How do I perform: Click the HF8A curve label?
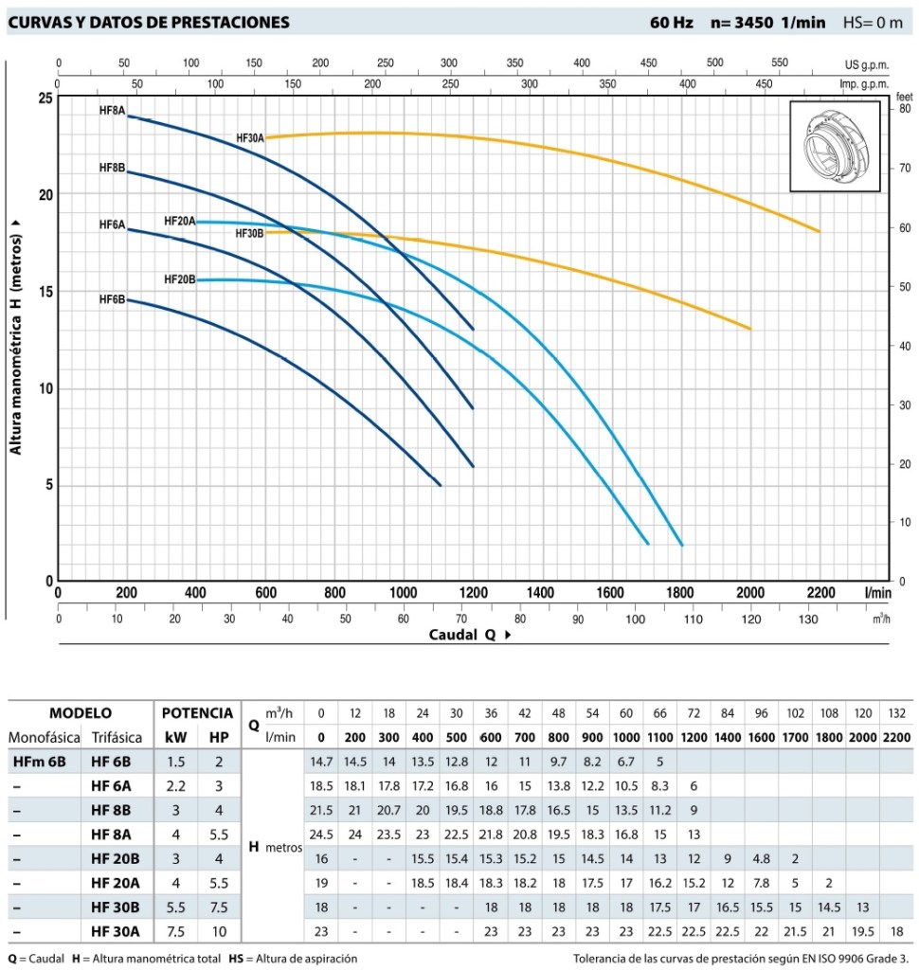coord(112,111)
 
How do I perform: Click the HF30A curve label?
coord(250,138)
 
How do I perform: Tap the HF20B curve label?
coord(179,279)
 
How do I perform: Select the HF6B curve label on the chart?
coord(112,299)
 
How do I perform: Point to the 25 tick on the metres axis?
coord(45,99)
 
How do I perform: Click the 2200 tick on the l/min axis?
coord(820,593)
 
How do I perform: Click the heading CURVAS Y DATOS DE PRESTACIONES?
coord(148,22)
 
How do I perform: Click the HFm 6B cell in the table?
coord(39,761)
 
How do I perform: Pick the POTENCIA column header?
coord(197,713)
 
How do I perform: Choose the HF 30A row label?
coord(116,932)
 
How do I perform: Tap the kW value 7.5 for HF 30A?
coord(177,932)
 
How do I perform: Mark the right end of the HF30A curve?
coord(820,231)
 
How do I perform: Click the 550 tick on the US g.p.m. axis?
coord(779,63)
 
